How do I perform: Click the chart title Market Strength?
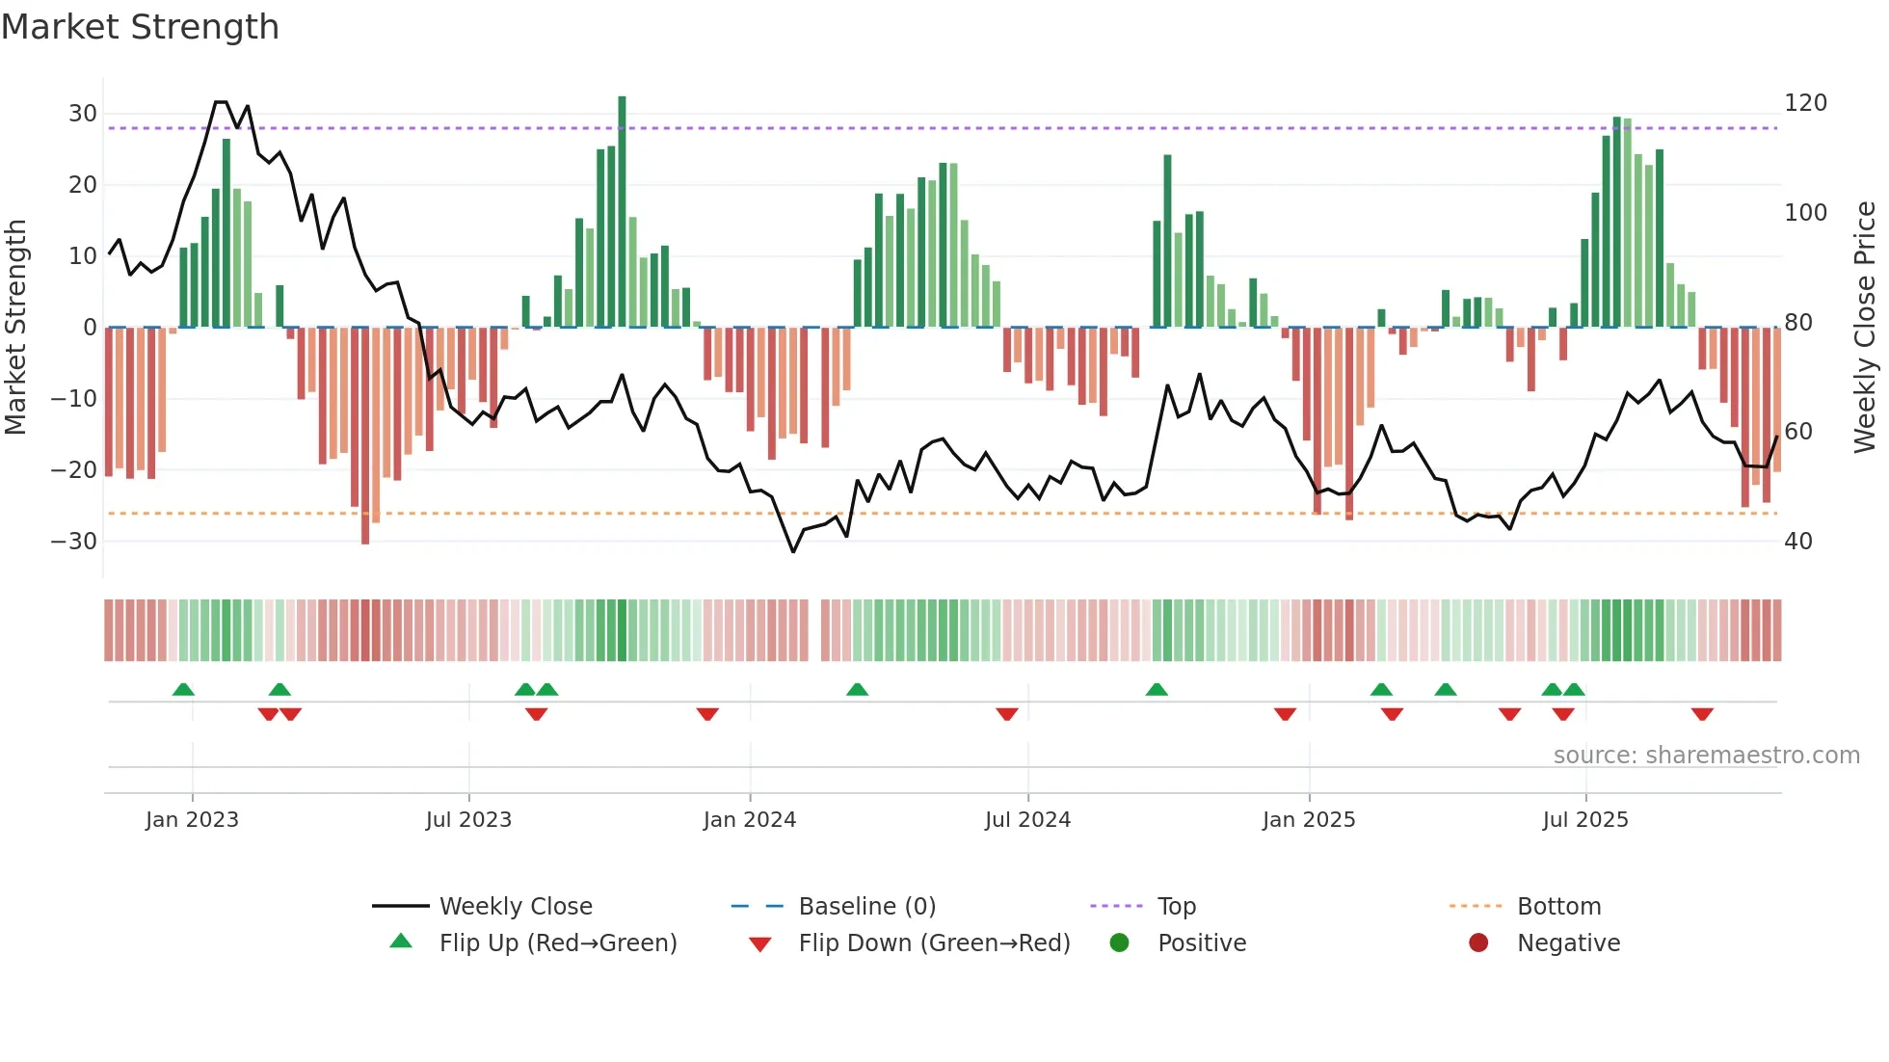[140, 27]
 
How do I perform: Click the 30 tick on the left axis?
[83, 114]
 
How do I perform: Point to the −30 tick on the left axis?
[75, 542]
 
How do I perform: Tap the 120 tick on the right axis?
[1805, 103]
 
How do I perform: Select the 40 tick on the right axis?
[1798, 542]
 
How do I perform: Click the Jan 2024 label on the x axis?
[750, 820]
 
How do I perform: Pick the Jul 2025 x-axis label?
[1585, 820]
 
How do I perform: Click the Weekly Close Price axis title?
[1865, 328]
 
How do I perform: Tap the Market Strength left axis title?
[16, 328]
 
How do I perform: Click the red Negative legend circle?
[1478, 943]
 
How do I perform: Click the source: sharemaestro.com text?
[1706, 756]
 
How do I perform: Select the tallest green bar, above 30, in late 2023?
[623, 212]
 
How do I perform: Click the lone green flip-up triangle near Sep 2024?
[1157, 690]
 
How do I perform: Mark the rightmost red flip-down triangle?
[1702, 714]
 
